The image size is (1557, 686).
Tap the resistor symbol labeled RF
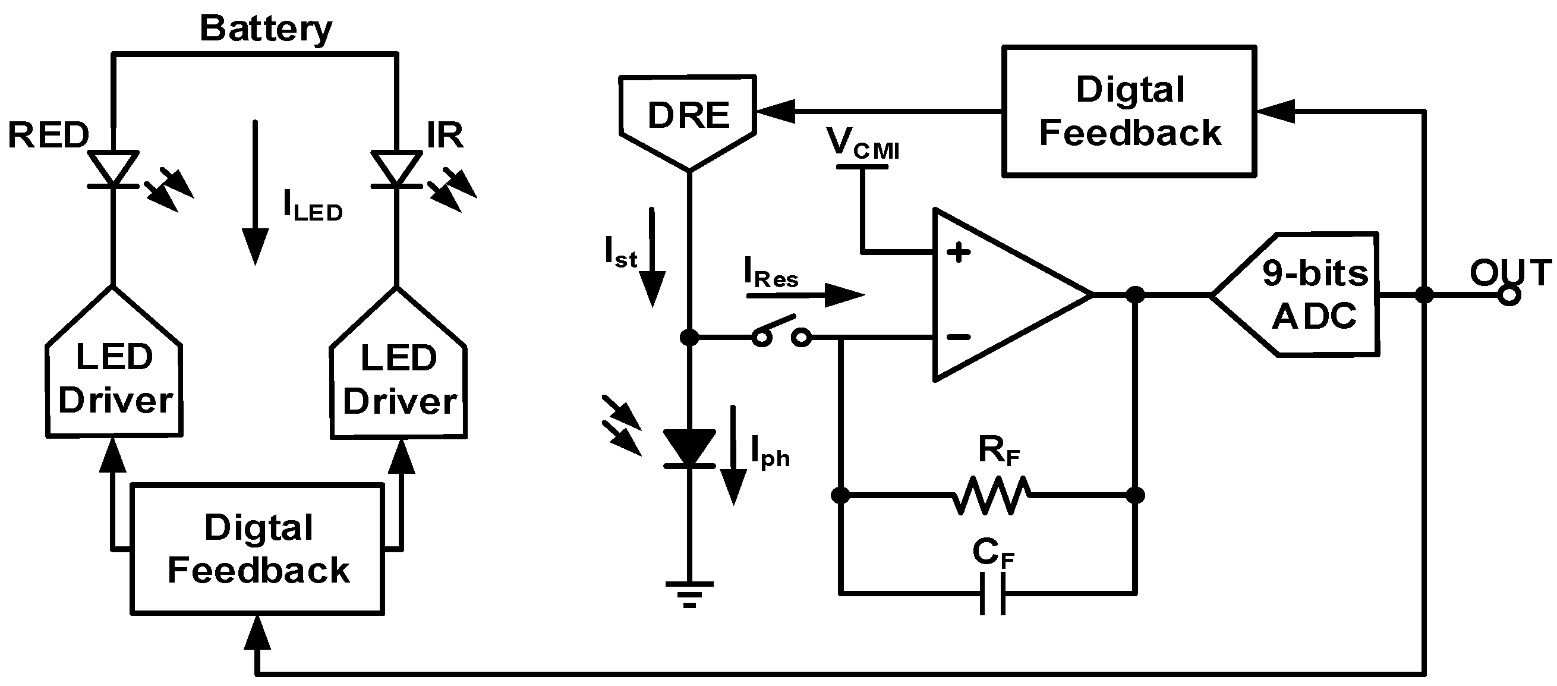point(991,495)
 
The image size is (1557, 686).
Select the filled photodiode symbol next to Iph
point(689,448)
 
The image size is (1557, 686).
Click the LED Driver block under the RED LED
point(114,375)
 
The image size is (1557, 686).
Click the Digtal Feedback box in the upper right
point(1129,111)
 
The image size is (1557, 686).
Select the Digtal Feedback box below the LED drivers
point(257,549)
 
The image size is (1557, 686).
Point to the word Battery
point(266,29)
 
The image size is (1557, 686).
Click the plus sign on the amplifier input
point(958,252)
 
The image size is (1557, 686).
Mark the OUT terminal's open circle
point(1509,295)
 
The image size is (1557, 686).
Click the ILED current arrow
point(255,193)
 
